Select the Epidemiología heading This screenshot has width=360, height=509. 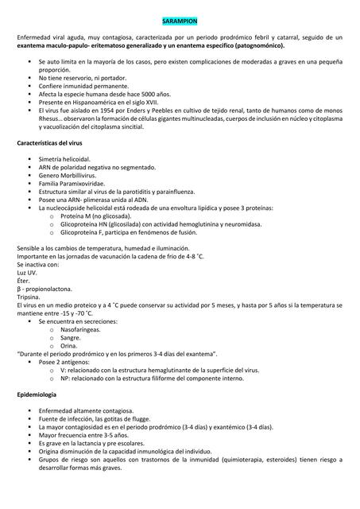click(37, 394)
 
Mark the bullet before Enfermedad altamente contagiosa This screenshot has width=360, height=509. click(31, 411)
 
